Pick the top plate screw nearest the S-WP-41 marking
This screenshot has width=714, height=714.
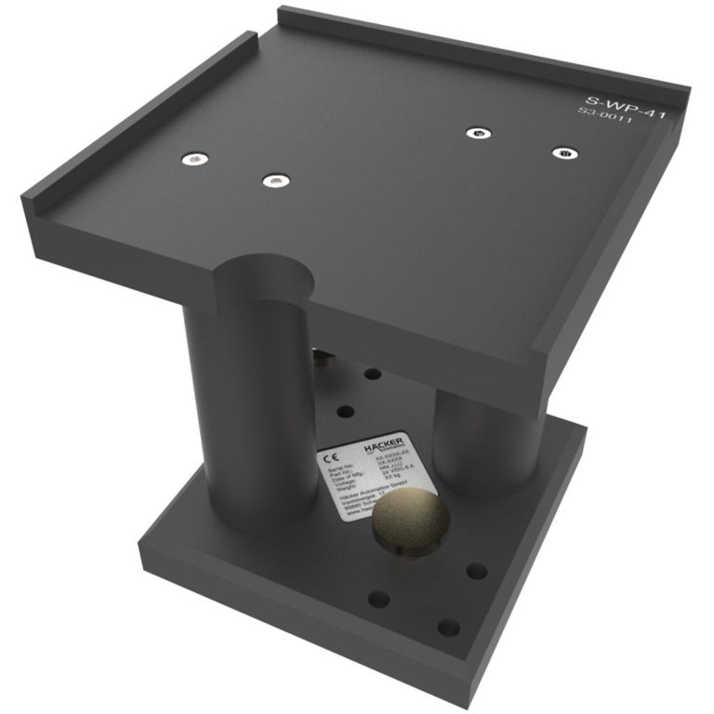click(561, 152)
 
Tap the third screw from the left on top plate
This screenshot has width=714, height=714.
click(476, 134)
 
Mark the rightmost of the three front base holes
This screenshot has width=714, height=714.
click(477, 571)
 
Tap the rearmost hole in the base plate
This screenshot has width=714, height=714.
click(373, 374)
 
